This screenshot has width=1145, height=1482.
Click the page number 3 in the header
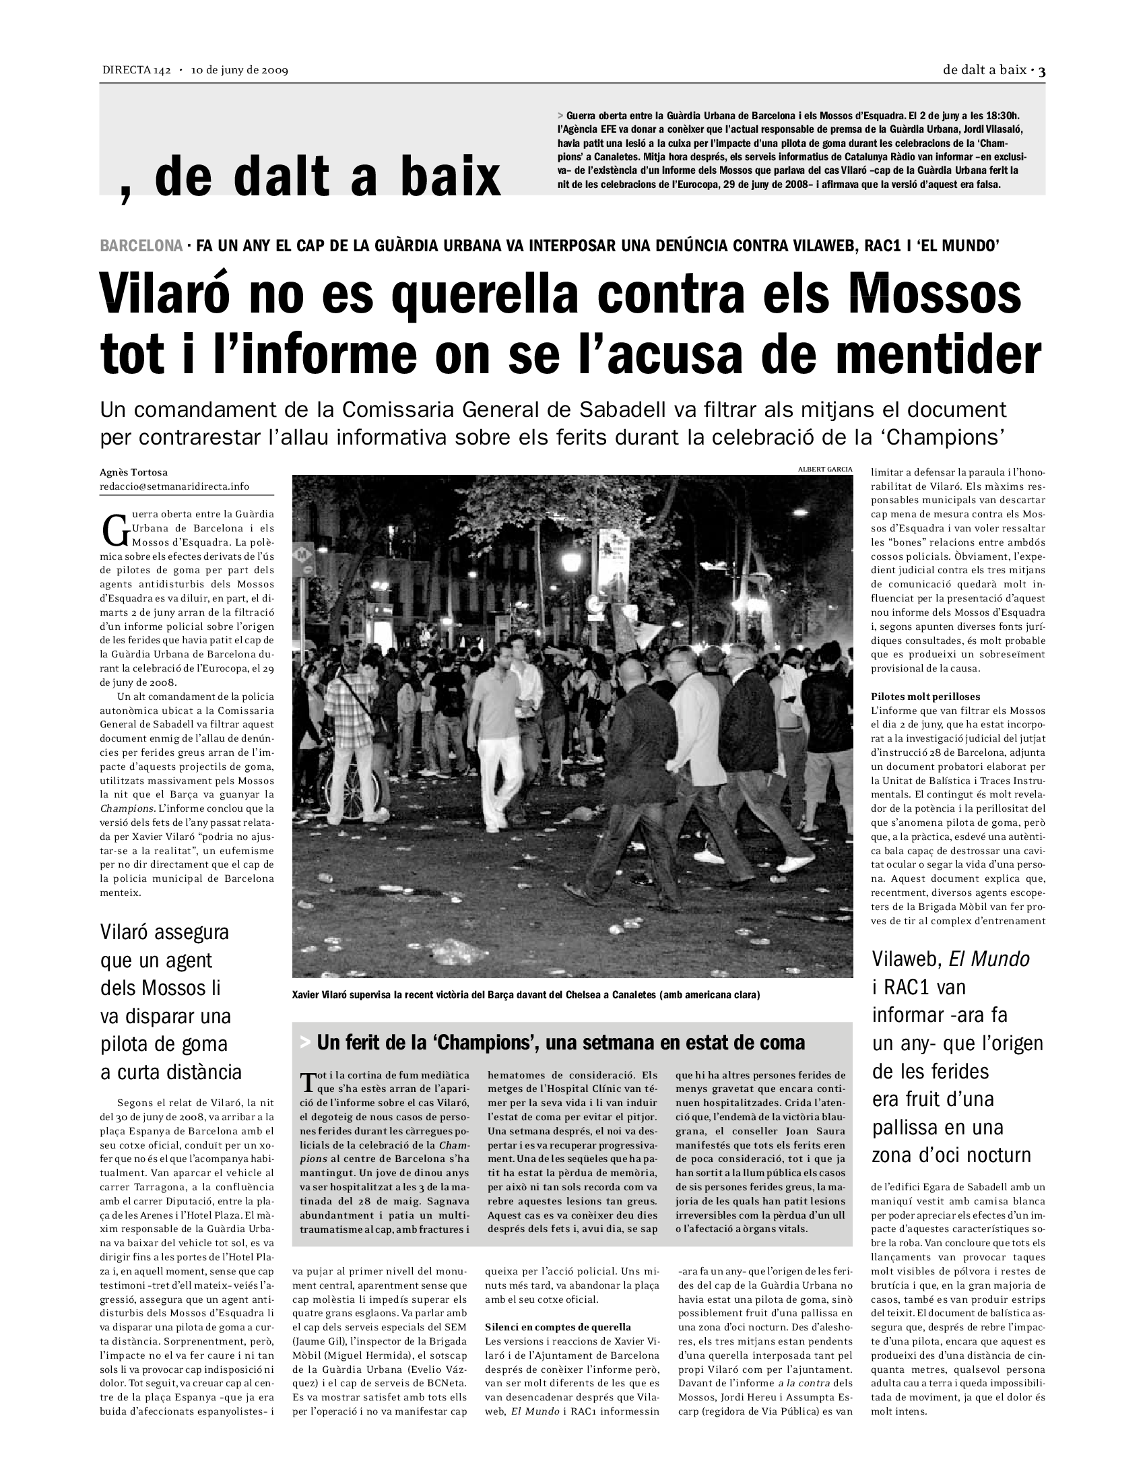(x=1042, y=70)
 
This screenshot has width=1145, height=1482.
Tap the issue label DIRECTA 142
(x=136, y=70)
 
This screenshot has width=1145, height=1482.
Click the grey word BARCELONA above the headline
(x=141, y=246)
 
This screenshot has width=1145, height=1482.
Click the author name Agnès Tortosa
(x=133, y=472)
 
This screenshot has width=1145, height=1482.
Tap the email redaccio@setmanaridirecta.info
(x=174, y=486)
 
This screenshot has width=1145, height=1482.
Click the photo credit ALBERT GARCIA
(x=825, y=469)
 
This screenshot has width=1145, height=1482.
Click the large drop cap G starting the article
(x=115, y=531)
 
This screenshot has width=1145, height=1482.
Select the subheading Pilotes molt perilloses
(x=925, y=697)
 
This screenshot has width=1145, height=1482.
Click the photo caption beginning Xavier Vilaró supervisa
(x=526, y=995)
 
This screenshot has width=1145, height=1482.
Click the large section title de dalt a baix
(x=327, y=176)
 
